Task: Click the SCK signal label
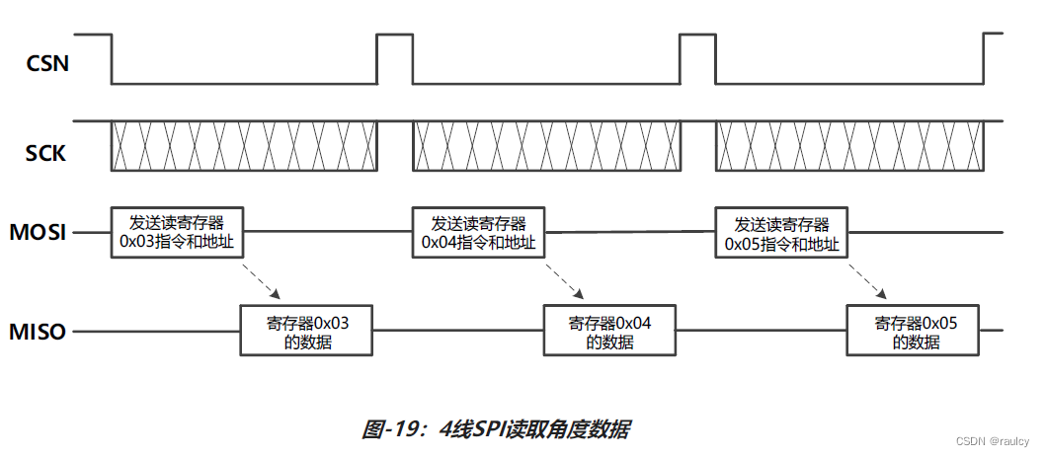(45, 153)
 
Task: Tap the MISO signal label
(39, 332)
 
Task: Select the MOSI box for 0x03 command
(177, 233)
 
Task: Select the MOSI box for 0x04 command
(479, 233)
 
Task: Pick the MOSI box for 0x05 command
(782, 233)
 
